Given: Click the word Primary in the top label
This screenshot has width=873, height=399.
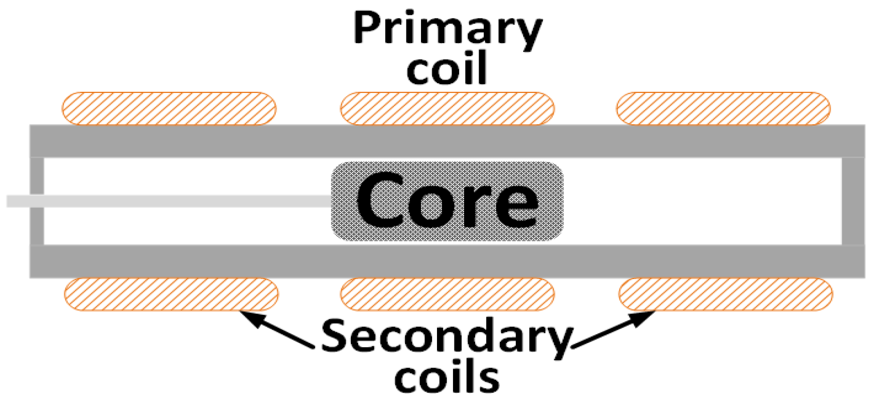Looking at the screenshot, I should [448, 29].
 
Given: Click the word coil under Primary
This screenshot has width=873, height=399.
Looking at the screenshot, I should [446, 69].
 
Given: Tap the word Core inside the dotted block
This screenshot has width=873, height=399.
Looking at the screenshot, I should [447, 200].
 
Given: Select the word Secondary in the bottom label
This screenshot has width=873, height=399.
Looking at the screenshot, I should [446, 336].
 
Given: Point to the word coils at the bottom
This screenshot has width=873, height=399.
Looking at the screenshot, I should [446, 377].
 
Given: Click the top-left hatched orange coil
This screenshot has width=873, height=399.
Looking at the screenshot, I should [169, 108].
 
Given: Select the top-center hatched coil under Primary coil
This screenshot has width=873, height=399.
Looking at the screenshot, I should [447, 108].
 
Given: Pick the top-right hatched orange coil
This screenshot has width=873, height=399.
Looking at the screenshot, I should [723, 108].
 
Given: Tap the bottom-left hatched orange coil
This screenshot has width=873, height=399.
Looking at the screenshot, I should [171, 294].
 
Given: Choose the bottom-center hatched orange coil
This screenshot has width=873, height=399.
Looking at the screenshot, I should [447, 294].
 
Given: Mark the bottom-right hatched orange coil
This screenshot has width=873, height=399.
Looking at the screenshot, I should [725, 294].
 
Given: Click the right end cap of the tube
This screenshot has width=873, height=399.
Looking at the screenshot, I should [853, 201].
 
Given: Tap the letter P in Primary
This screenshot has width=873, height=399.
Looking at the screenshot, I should [367, 28].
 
